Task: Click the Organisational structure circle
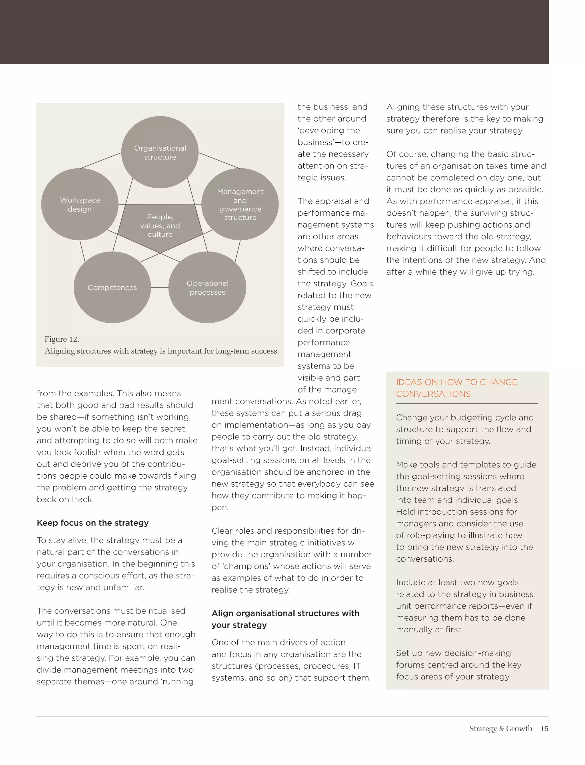click(160, 152)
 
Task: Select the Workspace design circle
click(80, 205)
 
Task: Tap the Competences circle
click(112, 288)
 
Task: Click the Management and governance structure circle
click(240, 205)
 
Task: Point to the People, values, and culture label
click(160, 226)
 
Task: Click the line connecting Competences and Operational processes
click(159, 288)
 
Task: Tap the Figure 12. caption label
click(62, 339)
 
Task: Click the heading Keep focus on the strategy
click(93, 523)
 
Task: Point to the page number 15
click(544, 728)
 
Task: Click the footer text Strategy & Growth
click(500, 728)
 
